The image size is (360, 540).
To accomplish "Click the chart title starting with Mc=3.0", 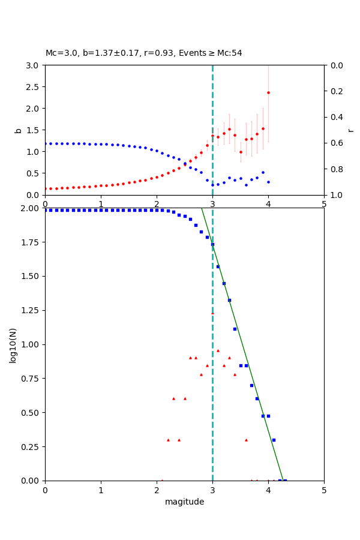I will (x=144, y=53).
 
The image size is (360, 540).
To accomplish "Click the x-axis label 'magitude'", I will (x=184, y=502).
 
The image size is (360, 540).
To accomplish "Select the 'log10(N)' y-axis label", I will (x=13, y=344).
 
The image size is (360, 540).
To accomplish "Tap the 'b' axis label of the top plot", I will (x=18, y=130).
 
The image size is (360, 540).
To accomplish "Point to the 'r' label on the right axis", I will (x=350, y=130).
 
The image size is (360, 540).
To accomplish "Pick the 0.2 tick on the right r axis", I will (x=334, y=91).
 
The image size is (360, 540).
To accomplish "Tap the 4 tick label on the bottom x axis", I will (x=268, y=489).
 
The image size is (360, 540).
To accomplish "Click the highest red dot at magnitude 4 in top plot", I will (x=268, y=92).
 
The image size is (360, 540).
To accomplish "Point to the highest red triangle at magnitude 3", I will (x=212, y=313).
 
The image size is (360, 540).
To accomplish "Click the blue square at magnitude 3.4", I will (x=235, y=329).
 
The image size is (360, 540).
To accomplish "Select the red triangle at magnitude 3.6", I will (x=246, y=440).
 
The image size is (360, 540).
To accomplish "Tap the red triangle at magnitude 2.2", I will (x=168, y=440).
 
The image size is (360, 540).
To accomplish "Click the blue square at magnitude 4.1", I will (x=274, y=440).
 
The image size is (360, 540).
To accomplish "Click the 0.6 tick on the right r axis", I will (x=334, y=143).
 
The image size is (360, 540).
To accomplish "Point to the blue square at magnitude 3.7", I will (x=251, y=385).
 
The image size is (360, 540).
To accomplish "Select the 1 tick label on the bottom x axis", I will (x=101, y=489).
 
